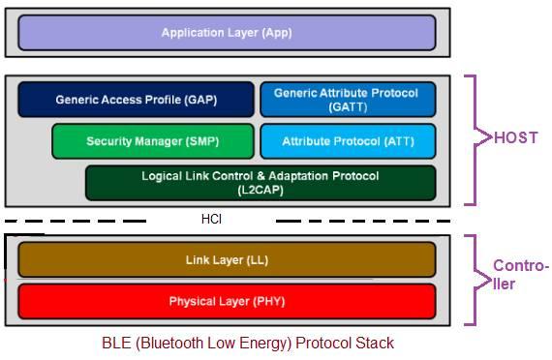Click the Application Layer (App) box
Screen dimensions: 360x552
[x=227, y=33]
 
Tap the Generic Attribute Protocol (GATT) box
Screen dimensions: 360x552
[x=347, y=100]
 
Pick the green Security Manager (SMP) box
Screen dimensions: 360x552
[x=153, y=141]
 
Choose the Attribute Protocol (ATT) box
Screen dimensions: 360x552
[x=348, y=141]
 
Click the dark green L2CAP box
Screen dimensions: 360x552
[x=260, y=183]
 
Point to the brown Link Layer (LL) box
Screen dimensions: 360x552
[x=227, y=260]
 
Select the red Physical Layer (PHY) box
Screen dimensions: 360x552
[x=227, y=302]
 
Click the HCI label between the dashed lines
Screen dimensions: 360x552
[x=211, y=220]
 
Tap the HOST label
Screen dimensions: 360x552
[x=515, y=138]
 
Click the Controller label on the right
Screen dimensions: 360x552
[x=520, y=275]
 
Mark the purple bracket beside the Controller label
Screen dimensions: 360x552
[x=474, y=279]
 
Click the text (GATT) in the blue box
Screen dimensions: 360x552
[x=347, y=106]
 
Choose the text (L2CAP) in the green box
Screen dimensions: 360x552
[x=260, y=191]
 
